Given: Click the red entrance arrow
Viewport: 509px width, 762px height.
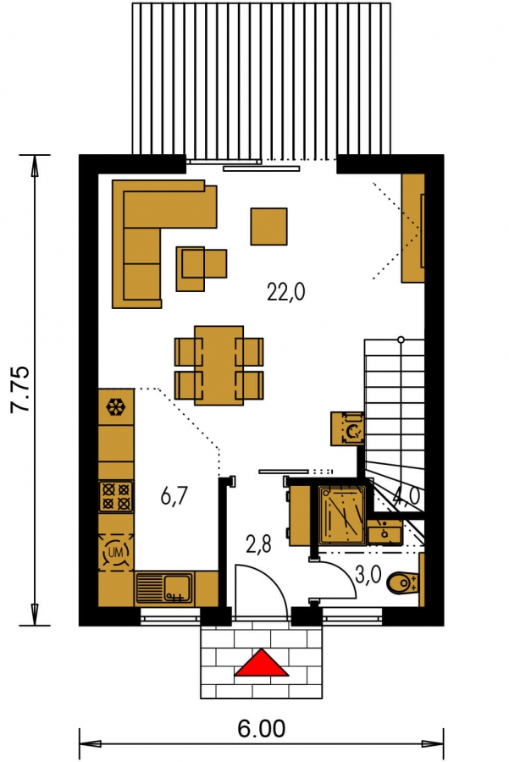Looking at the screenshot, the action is coord(262,664).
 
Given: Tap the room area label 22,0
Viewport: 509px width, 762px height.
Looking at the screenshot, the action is coord(286,292).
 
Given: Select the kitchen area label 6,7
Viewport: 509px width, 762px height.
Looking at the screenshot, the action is coord(174,497).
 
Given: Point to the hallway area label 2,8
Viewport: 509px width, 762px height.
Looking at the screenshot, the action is coord(258,544).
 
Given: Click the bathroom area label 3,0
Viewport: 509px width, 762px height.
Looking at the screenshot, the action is coord(368,574).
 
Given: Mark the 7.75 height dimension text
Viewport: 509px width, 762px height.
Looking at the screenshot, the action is coord(21,389).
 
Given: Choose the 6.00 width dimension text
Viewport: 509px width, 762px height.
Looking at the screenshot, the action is coord(261,729).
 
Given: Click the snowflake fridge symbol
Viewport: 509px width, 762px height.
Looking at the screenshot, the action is coord(116,406).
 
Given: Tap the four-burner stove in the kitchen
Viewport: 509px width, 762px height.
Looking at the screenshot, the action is coord(116,496).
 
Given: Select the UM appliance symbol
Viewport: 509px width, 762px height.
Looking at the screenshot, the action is coord(116,551).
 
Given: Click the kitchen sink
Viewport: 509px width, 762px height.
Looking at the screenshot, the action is coord(164,588).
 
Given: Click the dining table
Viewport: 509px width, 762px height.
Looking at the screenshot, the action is coord(219,365).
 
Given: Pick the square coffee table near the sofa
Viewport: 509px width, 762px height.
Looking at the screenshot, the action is coord(268,226).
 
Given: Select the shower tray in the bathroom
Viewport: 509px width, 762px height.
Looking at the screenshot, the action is coord(342,515).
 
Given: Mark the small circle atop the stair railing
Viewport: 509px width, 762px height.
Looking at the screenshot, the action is coord(401,340).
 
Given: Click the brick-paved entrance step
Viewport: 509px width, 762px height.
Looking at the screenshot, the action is coord(262,663).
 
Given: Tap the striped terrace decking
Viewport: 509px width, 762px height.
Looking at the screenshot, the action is coord(262,80).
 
